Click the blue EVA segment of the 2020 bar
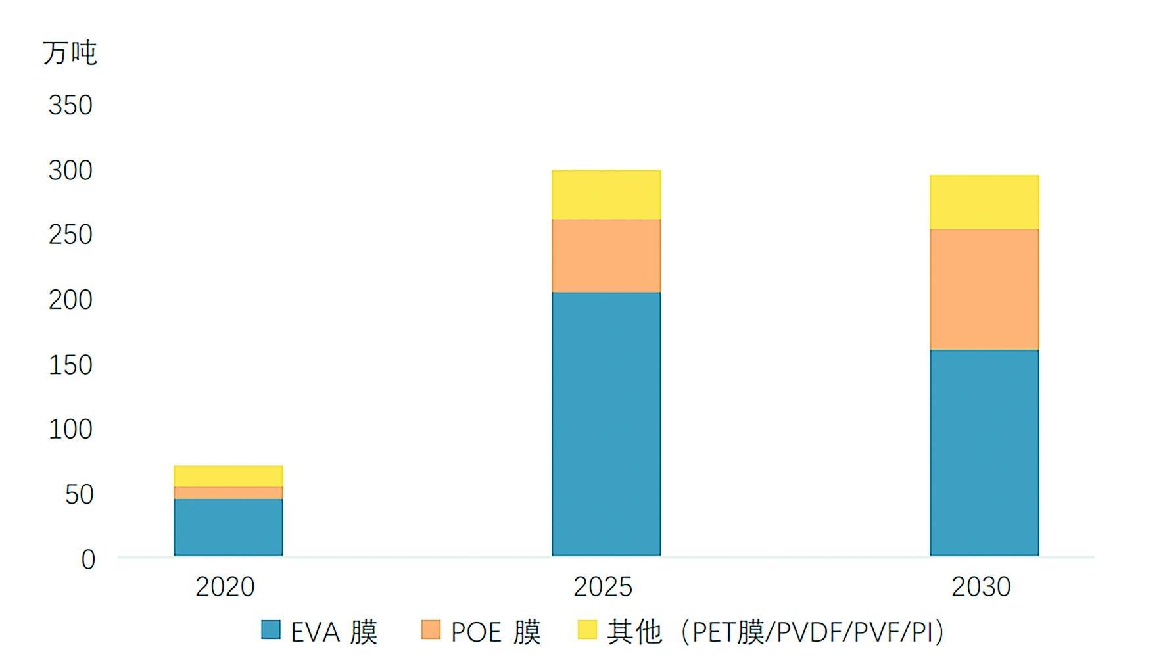click(x=228, y=527)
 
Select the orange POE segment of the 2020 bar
click(x=228, y=493)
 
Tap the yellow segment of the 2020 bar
click(x=228, y=476)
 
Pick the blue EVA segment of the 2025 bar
click(x=606, y=424)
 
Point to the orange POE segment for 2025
click(x=606, y=256)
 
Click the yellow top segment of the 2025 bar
click(x=606, y=195)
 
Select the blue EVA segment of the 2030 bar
click(x=984, y=453)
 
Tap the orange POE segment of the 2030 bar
click(x=984, y=289)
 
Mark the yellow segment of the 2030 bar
click(x=984, y=202)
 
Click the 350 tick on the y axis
click(x=70, y=105)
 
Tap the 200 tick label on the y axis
click(x=70, y=300)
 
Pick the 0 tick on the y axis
click(x=88, y=559)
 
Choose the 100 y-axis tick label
click(x=70, y=429)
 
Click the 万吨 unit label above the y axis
click(x=70, y=53)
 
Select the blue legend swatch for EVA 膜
click(x=271, y=630)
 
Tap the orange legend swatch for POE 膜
click(x=431, y=630)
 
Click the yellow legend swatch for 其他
click(x=587, y=630)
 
